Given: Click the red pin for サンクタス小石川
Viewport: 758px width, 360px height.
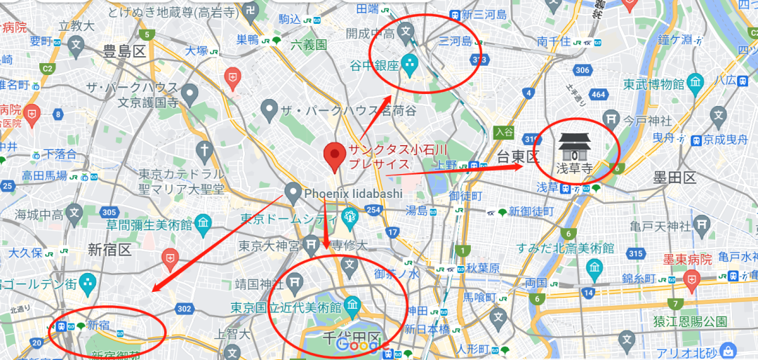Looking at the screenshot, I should (x=335, y=156).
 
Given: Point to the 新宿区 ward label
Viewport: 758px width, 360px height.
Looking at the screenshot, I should (x=109, y=250).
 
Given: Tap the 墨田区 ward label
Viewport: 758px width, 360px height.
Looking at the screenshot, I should (x=674, y=177).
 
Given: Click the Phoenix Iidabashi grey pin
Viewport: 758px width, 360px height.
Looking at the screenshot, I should (x=293, y=192).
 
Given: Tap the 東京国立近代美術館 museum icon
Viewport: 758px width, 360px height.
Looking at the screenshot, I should (x=352, y=306).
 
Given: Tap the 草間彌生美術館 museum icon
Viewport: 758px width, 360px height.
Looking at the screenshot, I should (x=204, y=225).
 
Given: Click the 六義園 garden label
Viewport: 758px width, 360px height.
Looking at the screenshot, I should (x=309, y=44).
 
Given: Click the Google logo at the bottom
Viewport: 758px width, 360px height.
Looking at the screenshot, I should (x=358, y=344).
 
